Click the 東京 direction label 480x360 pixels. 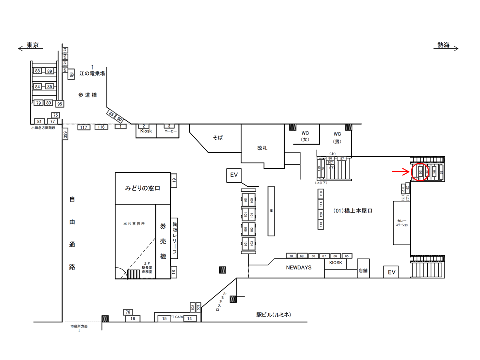(x=33, y=45)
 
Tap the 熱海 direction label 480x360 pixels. (x=443, y=45)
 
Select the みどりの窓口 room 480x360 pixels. (x=142, y=188)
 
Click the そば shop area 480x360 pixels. (x=217, y=136)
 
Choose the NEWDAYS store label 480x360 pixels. (x=299, y=268)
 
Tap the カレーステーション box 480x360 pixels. (x=402, y=223)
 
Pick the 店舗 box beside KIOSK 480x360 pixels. (x=363, y=271)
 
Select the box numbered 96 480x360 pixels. (x=71, y=75)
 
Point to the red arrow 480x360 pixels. (x=399, y=171)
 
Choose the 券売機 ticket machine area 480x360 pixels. (x=163, y=240)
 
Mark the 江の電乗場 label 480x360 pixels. (x=92, y=73)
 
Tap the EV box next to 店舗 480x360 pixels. (x=392, y=272)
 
